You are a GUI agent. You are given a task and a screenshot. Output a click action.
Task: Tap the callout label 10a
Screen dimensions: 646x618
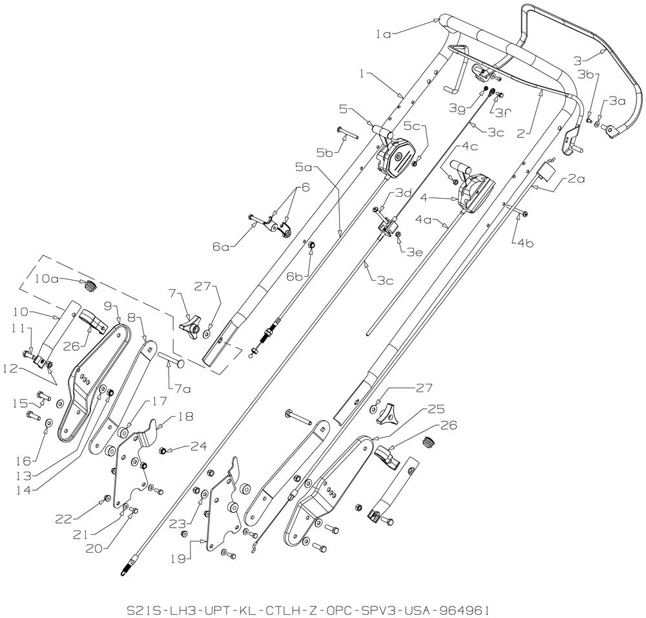(x=47, y=279)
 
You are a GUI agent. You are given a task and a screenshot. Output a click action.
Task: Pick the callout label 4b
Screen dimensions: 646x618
(x=525, y=244)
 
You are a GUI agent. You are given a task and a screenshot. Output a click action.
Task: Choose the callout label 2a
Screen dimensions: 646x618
(x=576, y=179)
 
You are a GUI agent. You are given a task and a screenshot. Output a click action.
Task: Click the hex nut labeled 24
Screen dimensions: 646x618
(x=162, y=451)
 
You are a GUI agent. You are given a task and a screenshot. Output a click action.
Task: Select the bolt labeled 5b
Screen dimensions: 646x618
(x=349, y=134)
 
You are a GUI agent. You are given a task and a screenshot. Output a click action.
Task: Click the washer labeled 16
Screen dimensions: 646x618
(x=48, y=422)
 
